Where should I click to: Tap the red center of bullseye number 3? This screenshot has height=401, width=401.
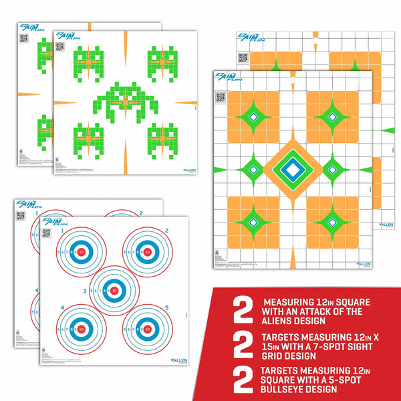114,291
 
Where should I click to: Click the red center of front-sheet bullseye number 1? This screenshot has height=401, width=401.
82,253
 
